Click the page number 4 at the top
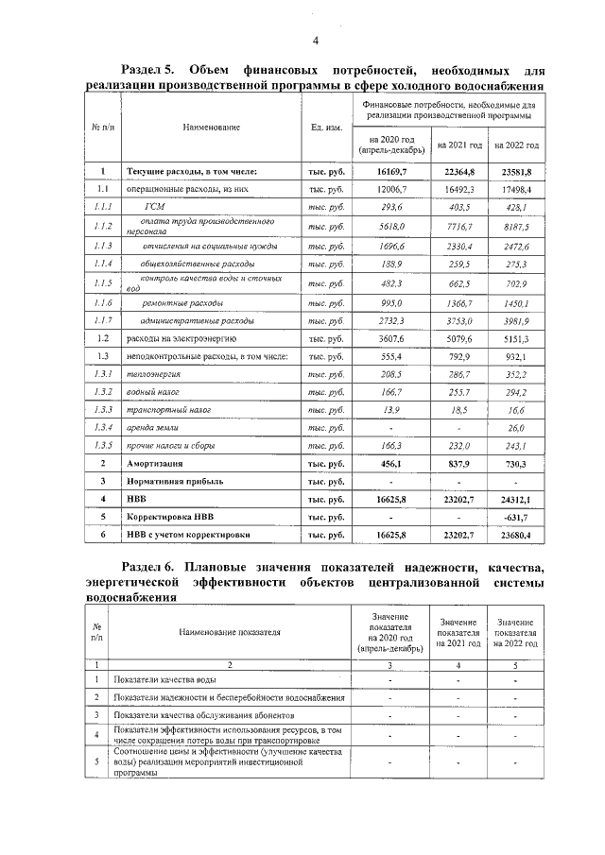(315, 40)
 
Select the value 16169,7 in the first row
(390, 172)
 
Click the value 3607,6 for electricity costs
(390, 337)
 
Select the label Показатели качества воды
(156, 679)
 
